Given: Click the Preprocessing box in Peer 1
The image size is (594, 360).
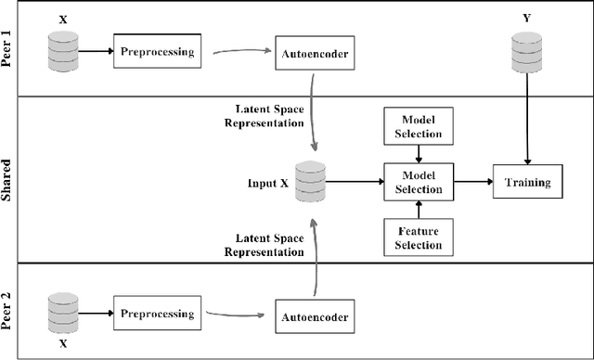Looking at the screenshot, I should [157, 51].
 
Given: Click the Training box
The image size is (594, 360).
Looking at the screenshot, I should [527, 183].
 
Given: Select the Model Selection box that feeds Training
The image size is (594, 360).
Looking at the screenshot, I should [418, 183].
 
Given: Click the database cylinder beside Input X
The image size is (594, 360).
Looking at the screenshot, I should [310, 181].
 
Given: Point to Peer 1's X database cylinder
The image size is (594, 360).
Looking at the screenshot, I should [62, 50].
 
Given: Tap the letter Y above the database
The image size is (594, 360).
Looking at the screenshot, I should [526, 19].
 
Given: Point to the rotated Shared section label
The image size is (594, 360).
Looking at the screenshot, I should [11, 179].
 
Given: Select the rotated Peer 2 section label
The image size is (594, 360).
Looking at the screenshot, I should [11, 311].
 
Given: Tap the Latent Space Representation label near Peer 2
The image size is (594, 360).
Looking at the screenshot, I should [269, 245].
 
